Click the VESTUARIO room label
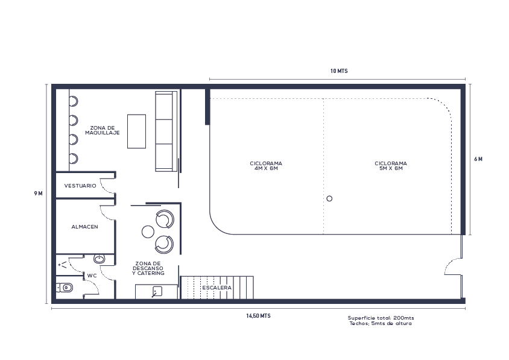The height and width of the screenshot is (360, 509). [x=80, y=186]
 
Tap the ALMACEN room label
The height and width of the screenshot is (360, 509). [x=84, y=227]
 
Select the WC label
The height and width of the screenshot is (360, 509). [x=92, y=276]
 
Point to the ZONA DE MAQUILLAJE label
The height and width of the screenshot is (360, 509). [x=103, y=130]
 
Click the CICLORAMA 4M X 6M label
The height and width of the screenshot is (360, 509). [x=266, y=166]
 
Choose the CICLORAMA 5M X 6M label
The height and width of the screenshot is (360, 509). [x=390, y=166]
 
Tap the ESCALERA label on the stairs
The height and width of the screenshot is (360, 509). [x=217, y=288]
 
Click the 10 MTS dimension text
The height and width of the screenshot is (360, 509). [x=339, y=71]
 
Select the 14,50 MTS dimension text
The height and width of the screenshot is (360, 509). [x=258, y=316]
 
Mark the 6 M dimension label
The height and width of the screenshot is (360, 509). [x=478, y=159]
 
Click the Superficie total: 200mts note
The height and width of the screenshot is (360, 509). [x=381, y=318]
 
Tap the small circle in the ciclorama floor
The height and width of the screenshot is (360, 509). [x=329, y=198]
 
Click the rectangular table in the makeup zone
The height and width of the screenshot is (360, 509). [x=136, y=131]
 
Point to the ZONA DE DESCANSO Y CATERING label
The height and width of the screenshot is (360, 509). [x=148, y=268]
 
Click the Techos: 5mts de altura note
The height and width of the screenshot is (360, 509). [x=381, y=324]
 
